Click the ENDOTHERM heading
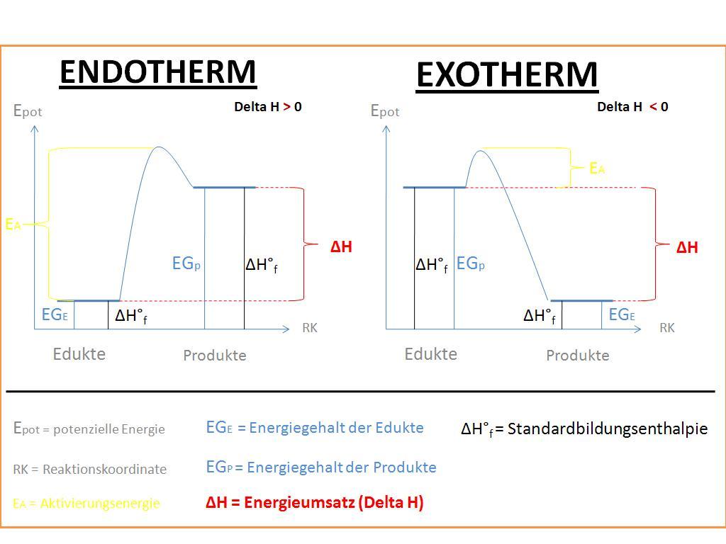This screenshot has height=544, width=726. pyautogui.click(x=158, y=72)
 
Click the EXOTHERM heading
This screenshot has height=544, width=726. pyautogui.click(x=507, y=75)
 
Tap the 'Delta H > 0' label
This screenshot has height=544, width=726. pyautogui.click(x=268, y=107)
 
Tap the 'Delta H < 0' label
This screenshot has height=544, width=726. pyautogui.click(x=632, y=107)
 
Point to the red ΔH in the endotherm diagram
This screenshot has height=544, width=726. pyautogui.click(x=341, y=246)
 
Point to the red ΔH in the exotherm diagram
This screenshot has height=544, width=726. pyautogui.click(x=687, y=247)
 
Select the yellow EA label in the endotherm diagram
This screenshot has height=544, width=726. pyautogui.click(x=13, y=225)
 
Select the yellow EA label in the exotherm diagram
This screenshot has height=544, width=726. pyautogui.click(x=597, y=169)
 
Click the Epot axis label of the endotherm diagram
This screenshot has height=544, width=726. pyautogui.click(x=28, y=111)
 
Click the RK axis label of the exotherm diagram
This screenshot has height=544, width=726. pyautogui.click(x=667, y=328)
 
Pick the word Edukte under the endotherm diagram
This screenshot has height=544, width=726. pyautogui.click(x=79, y=354)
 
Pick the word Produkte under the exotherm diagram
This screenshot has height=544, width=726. pyautogui.click(x=578, y=356)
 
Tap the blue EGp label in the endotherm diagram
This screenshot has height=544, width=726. pyautogui.click(x=186, y=263)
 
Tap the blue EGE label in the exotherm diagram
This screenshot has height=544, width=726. pyautogui.click(x=622, y=314)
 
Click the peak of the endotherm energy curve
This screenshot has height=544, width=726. pyautogui.click(x=159, y=147)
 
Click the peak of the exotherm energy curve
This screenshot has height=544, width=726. pyautogui.click(x=481, y=151)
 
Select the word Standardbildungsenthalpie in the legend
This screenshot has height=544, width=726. pyautogui.click(x=608, y=429)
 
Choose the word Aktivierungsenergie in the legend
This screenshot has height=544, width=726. pyautogui.click(x=100, y=504)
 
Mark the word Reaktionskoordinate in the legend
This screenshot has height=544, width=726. pyautogui.click(x=105, y=469)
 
